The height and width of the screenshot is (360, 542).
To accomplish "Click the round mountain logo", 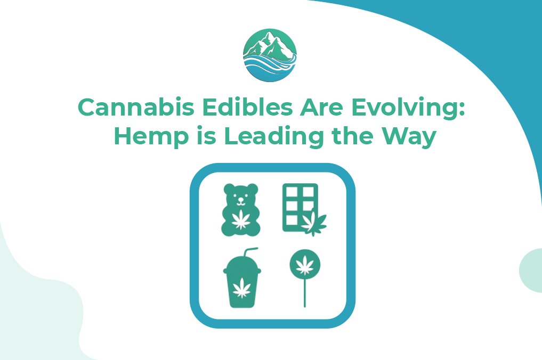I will [270, 55].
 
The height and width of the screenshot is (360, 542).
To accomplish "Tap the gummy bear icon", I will [240, 209].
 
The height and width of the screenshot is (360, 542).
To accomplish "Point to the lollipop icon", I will [304, 272].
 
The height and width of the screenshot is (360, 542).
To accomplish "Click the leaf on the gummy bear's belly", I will [240, 219].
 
